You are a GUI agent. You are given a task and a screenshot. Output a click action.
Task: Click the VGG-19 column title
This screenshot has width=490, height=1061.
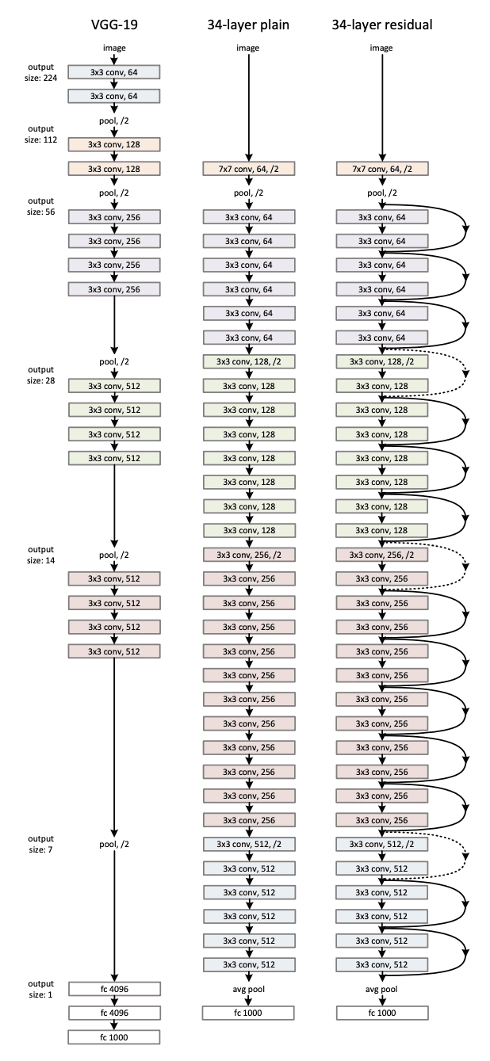(114, 25)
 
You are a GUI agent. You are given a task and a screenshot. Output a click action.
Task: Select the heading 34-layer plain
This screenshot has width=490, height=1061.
(248, 25)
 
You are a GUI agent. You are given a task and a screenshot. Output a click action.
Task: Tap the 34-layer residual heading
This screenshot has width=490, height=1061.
(381, 25)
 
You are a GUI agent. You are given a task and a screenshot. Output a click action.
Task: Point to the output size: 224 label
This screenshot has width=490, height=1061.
(40, 71)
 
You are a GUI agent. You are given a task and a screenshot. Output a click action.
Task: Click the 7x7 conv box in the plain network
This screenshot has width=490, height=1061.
(248, 169)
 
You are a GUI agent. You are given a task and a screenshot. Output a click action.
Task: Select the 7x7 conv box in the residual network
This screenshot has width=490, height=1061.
(381, 169)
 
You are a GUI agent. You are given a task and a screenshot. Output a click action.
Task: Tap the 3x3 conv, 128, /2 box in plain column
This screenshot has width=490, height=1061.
(248, 361)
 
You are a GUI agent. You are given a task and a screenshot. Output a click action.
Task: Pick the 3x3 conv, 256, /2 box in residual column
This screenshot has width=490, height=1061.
(381, 555)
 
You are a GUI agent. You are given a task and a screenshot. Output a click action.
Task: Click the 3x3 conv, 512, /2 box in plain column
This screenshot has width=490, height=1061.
(248, 844)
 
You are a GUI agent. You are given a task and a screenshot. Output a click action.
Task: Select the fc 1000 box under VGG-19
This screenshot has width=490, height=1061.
(114, 1037)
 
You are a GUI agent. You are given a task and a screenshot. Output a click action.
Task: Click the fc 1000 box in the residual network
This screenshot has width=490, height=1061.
(381, 1013)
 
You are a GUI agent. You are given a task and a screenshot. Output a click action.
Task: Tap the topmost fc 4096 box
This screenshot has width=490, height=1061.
(114, 989)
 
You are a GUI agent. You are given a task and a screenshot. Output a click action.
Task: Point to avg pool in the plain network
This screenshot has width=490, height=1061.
(248, 989)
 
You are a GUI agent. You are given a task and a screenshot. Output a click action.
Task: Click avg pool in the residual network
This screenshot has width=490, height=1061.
(381, 989)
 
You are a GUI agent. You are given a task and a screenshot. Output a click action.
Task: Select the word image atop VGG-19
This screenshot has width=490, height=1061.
(114, 48)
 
